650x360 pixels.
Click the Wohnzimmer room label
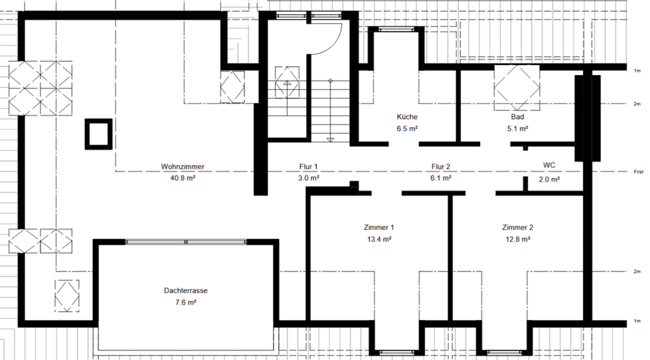(x=183, y=166)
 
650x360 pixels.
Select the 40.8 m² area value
(x=183, y=179)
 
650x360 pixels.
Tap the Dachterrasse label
(x=185, y=290)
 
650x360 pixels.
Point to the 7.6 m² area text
(x=185, y=302)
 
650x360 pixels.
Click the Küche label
(x=408, y=116)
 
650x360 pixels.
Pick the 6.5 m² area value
(x=408, y=128)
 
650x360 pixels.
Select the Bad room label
(x=517, y=116)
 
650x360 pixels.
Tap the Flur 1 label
(x=308, y=166)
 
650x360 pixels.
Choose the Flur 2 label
(x=441, y=166)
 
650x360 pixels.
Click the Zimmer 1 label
(x=378, y=227)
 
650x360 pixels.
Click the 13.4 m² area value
(x=378, y=239)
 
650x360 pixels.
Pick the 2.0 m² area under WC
(x=549, y=179)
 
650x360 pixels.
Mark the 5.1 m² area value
(x=517, y=128)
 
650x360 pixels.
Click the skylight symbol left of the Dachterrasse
(x=68, y=296)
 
